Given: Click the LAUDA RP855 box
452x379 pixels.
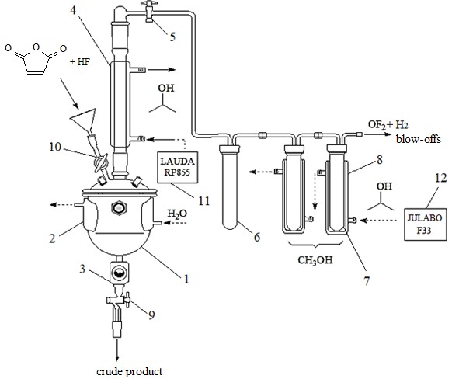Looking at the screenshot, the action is (x=178, y=167).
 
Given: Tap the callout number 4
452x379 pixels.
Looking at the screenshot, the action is (x=73, y=10).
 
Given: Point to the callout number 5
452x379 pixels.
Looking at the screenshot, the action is (x=172, y=37).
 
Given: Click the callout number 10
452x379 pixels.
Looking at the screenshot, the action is (x=55, y=147).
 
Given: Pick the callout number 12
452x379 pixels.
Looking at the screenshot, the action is (x=440, y=178).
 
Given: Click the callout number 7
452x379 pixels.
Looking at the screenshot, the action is (x=367, y=281).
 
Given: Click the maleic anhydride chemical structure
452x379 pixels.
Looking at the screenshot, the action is (x=36, y=59).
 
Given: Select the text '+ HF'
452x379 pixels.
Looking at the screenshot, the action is (x=79, y=61).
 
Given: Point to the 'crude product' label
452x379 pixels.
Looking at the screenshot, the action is (x=130, y=371).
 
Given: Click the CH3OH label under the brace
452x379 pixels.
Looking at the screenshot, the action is (x=315, y=260).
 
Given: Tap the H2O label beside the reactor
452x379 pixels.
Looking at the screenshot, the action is (x=177, y=214).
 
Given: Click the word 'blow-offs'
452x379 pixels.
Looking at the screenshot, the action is (x=419, y=140).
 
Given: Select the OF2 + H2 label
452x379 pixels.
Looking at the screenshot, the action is (x=388, y=125).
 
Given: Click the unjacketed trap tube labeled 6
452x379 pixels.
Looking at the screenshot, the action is (x=230, y=187).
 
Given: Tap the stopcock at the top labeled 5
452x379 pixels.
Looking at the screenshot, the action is (x=150, y=11).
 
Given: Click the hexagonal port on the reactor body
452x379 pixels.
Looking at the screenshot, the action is (x=119, y=208).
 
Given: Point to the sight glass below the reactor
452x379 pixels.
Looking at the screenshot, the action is (x=120, y=273).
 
